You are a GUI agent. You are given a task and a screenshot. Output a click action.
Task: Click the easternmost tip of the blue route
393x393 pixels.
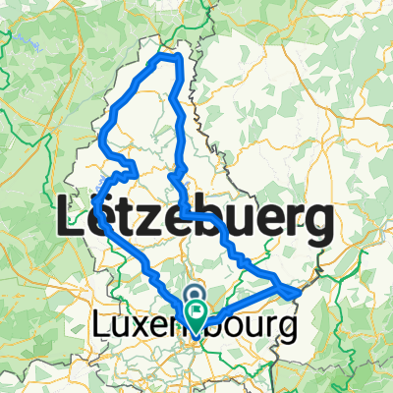click(x=298, y=291)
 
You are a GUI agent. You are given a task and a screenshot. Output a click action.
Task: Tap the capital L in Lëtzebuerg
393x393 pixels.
click(x=76, y=216)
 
